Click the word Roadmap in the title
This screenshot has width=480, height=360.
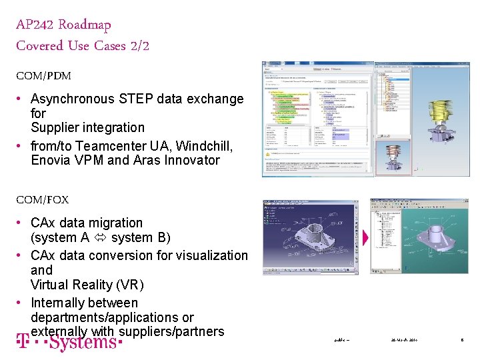85,25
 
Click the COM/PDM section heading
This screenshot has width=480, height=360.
43,76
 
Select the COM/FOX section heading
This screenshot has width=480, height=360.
42,199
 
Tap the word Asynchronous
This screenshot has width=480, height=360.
73,99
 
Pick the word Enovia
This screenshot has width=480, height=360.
51,160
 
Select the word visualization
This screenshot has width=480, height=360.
207,255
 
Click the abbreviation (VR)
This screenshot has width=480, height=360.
129,285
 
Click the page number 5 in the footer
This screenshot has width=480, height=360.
462,341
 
